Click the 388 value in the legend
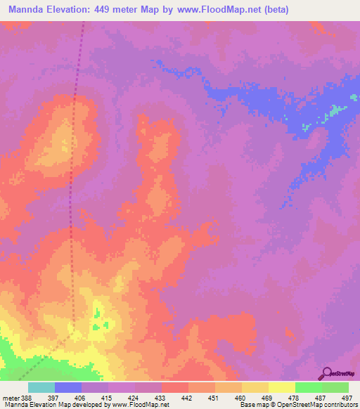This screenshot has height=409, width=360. pyautogui.click(x=27, y=398)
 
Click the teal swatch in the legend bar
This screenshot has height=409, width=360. pyautogui.click(x=41, y=387)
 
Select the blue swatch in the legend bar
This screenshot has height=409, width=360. pyautogui.click(x=68, y=387)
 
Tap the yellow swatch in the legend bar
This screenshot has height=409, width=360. pyautogui.click(x=282, y=387)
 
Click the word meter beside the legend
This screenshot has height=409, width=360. pyautogui.click(x=11, y=398)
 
